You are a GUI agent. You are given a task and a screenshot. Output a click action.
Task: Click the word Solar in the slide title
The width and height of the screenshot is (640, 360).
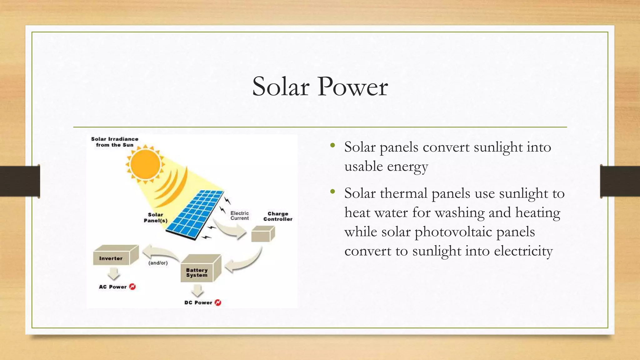pos(281,87)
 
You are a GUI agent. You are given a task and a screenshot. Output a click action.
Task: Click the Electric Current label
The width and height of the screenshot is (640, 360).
pos(240,216)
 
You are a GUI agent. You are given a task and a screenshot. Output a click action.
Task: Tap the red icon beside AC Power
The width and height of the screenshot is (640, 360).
pos(132,287)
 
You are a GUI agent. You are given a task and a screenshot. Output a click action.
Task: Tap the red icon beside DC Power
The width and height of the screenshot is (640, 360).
pos(218,302)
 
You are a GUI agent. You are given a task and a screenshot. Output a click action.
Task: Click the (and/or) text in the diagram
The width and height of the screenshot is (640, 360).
pos(158,263)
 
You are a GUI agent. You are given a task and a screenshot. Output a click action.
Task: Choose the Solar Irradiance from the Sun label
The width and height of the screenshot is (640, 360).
pos(115,142)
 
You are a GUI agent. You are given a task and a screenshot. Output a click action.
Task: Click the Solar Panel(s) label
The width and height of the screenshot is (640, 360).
pos(156,217)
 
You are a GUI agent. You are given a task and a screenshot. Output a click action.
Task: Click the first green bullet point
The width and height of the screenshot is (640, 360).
pos(332,145)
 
